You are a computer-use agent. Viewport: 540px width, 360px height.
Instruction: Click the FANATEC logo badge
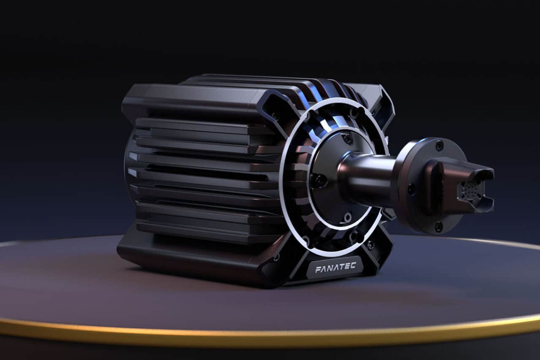335,267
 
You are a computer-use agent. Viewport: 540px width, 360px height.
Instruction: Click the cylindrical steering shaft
367,177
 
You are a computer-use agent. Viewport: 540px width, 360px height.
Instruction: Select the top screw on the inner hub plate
348,138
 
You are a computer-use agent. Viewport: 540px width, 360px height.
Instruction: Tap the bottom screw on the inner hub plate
347,218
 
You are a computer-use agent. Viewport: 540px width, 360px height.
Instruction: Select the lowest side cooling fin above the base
202,228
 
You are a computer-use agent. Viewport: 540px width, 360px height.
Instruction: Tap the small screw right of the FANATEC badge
370,244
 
